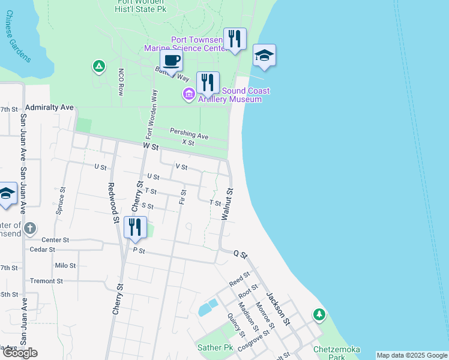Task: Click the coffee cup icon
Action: click(x=172, y=61)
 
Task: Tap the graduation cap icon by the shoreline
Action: click(x=264, y=55)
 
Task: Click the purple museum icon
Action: click(x=188, y=94)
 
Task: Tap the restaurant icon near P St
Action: click(x=135, y=227)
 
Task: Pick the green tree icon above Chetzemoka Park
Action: click(x=319, y=314)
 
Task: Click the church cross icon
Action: click(x=31, y=228)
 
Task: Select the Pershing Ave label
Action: click(x=189, y=134)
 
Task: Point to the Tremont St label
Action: click(x=46, y=281)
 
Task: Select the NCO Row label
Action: click(x=121, y=82)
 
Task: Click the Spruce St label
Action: click(x=59, y=203)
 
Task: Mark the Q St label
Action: click(x=240, y=255)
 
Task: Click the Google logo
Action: click(x=20, y=353)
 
